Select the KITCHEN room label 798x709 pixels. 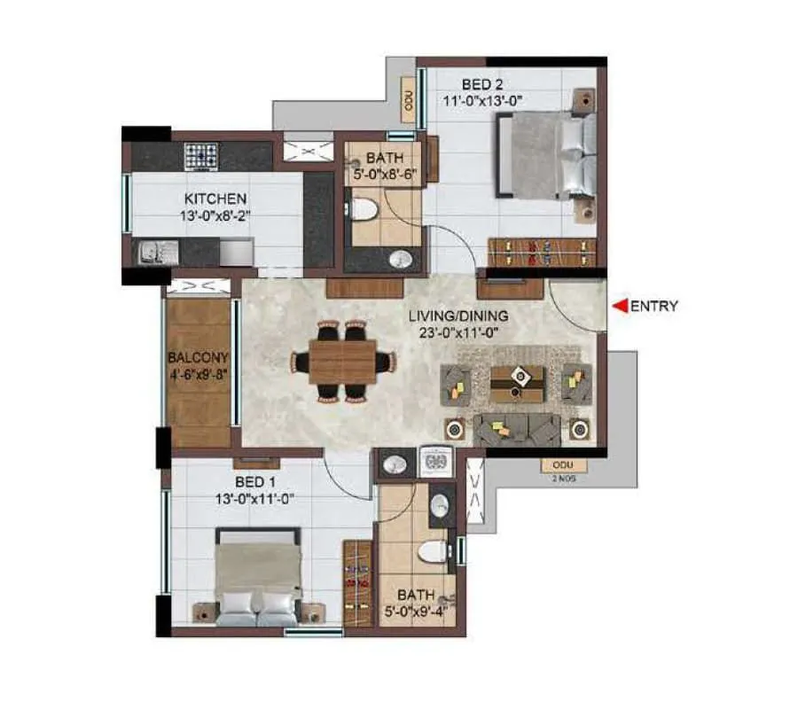coord(215,199)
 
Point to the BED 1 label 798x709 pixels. coord(255,482)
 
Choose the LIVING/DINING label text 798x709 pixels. coord(458,316)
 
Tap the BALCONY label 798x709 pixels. coord(198,358)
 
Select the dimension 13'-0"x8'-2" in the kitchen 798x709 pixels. coord(215,215)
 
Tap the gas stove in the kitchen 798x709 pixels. coord(201,156)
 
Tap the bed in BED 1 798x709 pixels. coord(257,577)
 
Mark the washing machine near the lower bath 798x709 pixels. coord(435,463)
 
